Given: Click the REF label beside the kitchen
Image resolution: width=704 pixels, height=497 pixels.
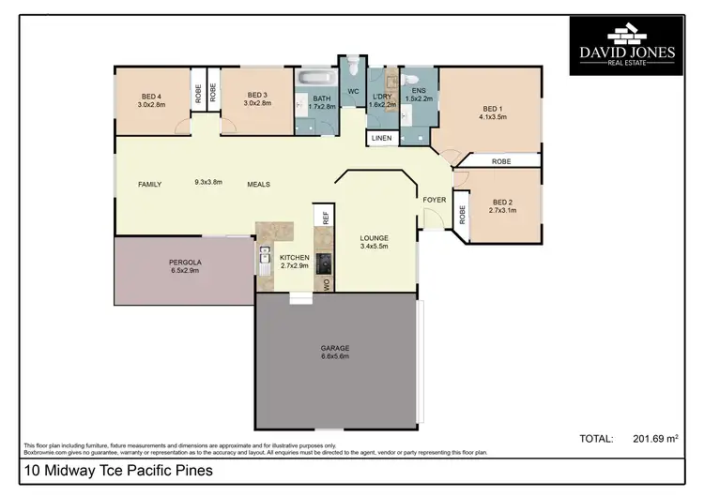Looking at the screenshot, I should tap(325, 217).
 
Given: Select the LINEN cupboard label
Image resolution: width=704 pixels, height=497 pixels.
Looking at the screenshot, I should tap(381, 139).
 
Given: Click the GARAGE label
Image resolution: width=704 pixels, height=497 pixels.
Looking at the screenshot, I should tap(335, 349).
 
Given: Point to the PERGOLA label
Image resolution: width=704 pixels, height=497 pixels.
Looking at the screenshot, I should tap(183, 262).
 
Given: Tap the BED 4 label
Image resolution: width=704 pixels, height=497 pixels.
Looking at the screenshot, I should tap(151, 95).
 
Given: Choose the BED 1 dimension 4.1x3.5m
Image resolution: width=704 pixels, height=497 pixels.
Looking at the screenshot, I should tap(492, 118).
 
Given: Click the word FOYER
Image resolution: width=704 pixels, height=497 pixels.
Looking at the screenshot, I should tap(434, 200).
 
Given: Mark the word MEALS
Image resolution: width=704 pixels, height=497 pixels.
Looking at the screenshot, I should tap(259, 184).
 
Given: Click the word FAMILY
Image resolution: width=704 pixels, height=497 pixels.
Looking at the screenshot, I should tap(150, 184).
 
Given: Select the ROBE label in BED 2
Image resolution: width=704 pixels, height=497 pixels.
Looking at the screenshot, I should tap(463, 214).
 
